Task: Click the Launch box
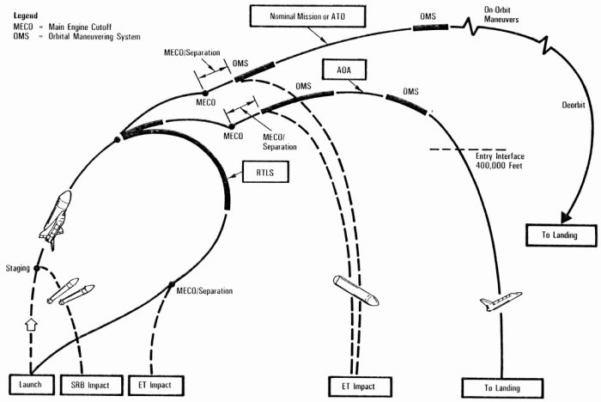[x=31, y=385]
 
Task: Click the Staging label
[x=17, y=269]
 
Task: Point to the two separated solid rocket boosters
[x=70, y=292]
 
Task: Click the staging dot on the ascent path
[x=37, y=269]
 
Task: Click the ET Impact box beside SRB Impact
[x=149, y=385]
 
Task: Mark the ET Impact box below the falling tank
[x=359, y=385]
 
